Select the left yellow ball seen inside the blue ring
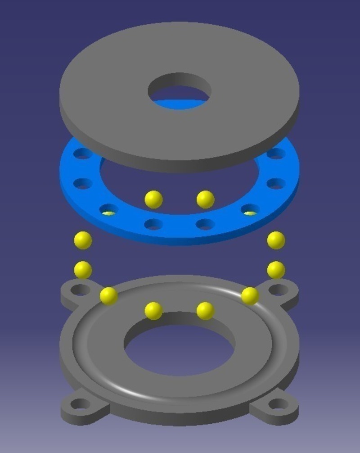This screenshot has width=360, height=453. pos(153,199)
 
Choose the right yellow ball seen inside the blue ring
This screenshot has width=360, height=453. pos(205,199)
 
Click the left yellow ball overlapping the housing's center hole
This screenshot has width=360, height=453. pos(153,311)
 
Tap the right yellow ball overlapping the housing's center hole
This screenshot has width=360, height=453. pos(205,311)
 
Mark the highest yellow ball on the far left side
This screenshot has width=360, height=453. pos(83,240)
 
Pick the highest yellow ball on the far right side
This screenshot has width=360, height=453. pos(276,240)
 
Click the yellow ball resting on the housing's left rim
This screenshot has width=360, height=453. pos(108,296)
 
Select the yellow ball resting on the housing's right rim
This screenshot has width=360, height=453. pos(250,296)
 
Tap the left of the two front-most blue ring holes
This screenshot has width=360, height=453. pos(154,224)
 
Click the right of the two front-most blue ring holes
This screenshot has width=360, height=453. pos(205,224)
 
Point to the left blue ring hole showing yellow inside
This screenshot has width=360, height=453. pos(109,210)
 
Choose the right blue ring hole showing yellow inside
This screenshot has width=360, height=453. pos(250,210)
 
